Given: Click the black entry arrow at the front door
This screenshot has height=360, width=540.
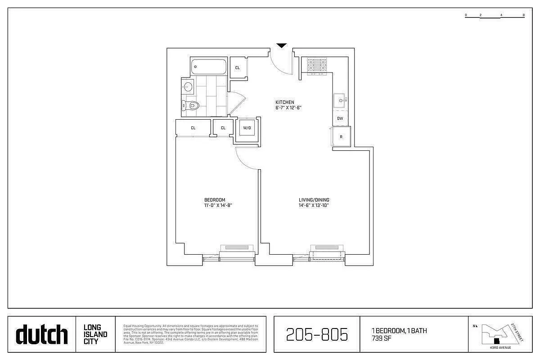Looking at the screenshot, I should pyautogui.click(x=282, y=45).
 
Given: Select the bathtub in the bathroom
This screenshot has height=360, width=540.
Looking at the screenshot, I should pyautogui.click(x=208, y=67).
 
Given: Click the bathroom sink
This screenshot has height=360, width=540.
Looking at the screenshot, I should pyautogui.click(x=188, y=86).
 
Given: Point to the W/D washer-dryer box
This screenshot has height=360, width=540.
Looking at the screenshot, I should pyautogui.click(x=247, y=128).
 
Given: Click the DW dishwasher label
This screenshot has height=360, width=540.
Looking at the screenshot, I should pyautogui.click(x=340, y=118).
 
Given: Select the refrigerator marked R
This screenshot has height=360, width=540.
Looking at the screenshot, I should pyautogui.click(x=341, y=137).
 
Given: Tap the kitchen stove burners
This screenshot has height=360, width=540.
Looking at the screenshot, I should pyautogui.click(x=317, y=65).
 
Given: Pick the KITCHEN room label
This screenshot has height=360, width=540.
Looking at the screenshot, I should pyautogui.click(x=285, y=102).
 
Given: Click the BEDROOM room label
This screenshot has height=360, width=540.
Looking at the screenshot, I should pyautogui.click(x=215, y=200).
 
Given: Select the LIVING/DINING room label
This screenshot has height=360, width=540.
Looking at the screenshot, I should pyautogui.click(x=314, y=200).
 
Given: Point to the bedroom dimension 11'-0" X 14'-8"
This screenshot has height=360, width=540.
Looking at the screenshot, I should pyautogui.click(x=218, y=206).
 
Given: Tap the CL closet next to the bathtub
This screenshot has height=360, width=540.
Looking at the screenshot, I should pyautogui.click(x=238, y=68).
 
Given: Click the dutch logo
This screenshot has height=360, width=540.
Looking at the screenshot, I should pyautogui.click(x=42, y=334).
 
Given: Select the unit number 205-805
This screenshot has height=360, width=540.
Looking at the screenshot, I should pyautogui.click(x=317, y=334).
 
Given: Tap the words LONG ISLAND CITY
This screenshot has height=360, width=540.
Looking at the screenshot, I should pyautogui.click(x=95, y=334).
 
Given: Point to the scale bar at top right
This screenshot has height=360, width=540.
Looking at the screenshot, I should pyautogui.click(x=495, y=16).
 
